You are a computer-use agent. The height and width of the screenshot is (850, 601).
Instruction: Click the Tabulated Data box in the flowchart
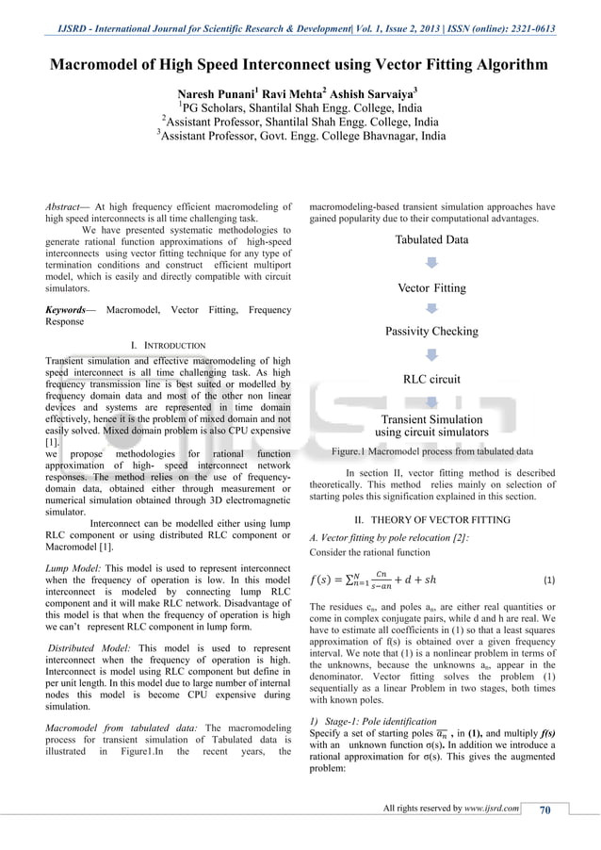coord(431,239)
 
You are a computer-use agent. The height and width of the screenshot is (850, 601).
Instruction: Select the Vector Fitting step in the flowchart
coord(431,287)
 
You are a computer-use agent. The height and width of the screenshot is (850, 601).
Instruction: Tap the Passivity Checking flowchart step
coord(431,332)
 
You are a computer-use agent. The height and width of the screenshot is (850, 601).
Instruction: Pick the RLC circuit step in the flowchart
coord(431,380)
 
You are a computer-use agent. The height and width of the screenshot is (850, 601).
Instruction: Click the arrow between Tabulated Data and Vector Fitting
coord(431,263)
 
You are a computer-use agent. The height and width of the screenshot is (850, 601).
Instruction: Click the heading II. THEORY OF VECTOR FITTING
coord(431,519)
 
